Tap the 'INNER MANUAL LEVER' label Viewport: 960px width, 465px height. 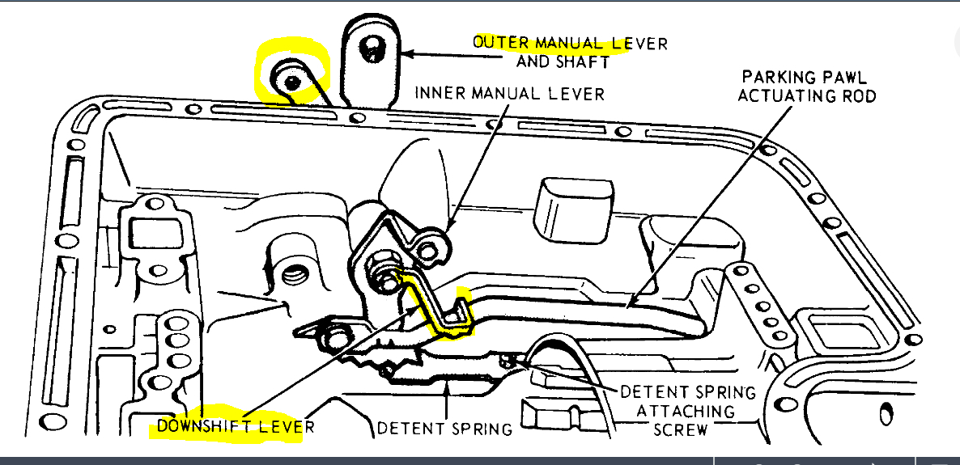[509, 93]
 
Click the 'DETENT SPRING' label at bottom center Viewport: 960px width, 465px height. [445, 429]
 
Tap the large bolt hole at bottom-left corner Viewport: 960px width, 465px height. [53, 421]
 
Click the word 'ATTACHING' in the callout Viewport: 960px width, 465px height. [686, 410]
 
